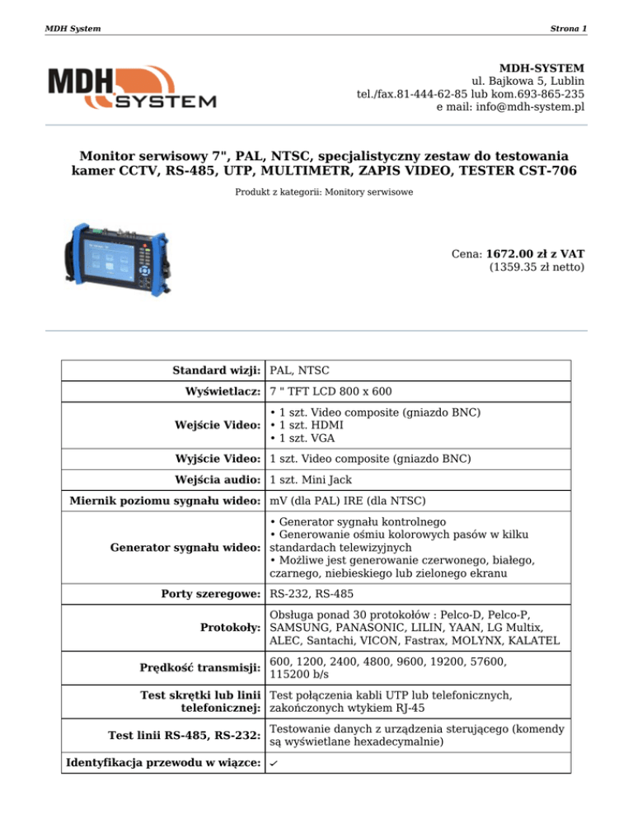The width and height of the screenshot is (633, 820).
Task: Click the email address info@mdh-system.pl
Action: pos(510,107)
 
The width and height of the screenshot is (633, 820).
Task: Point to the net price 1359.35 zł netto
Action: pos(537,267)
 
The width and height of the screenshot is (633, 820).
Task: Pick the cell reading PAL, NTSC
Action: pos(300,370)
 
